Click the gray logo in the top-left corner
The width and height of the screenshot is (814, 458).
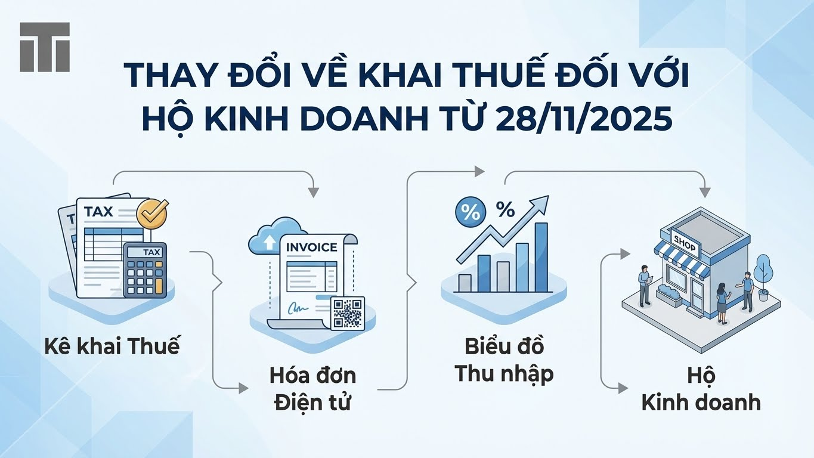(x=45, y=47)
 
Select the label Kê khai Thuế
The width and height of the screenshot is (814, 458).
(x=112, y=346)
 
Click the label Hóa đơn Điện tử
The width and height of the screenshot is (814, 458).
(x=312, y=389)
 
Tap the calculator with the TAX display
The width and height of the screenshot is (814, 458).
(x=145, y=270)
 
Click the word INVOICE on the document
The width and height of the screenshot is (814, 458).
(x=312, y=247)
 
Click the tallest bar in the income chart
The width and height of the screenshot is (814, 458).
(x=541, y=258)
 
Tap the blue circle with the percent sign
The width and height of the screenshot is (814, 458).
(x=471, y=213)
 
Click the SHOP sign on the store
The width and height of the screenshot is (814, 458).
(x=685, y=242)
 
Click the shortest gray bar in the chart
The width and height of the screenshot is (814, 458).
(x=465, y=283)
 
